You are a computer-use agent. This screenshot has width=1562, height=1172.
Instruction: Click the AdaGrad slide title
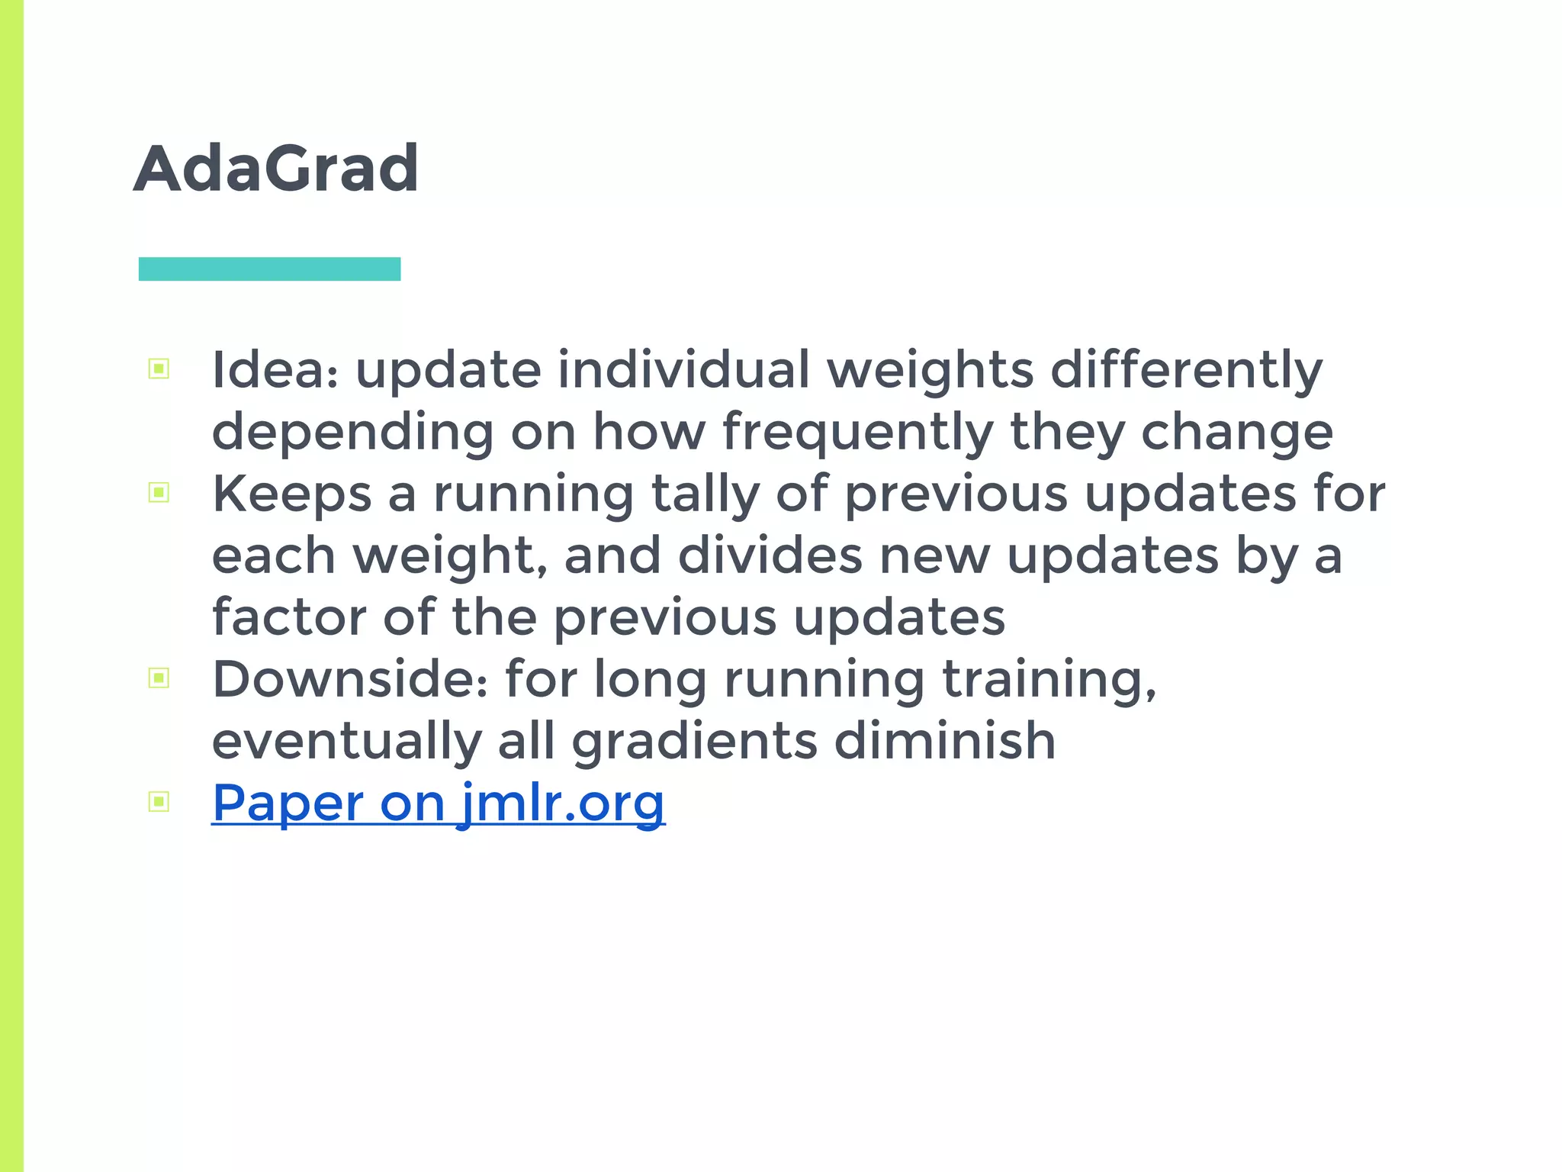(x=275, y=169)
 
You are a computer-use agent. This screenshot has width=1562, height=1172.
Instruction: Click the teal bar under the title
(x=269, y=269)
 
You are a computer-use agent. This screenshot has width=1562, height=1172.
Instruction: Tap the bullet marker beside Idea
(x=159, y=369)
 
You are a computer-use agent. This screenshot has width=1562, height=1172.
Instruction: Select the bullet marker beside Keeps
(x=159, y=493)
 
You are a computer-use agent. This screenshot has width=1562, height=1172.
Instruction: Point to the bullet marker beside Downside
(x=159, y=678)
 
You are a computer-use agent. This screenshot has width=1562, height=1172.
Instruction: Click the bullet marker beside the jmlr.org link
(x=159, y=801)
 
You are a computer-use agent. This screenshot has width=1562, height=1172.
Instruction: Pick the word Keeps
(x=291, y=494)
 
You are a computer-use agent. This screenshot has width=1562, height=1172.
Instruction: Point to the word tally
(x=705, y=494)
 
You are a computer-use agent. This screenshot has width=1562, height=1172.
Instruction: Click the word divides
(x=770, y=555)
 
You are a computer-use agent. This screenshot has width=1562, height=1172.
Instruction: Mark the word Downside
(x=349, y=679)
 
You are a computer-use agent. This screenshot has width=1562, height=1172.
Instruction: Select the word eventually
(x=346, y=742)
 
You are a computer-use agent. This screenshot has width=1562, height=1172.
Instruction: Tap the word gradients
(x=694, y=742)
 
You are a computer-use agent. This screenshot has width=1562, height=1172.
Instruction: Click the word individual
(x=683, y=370)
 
